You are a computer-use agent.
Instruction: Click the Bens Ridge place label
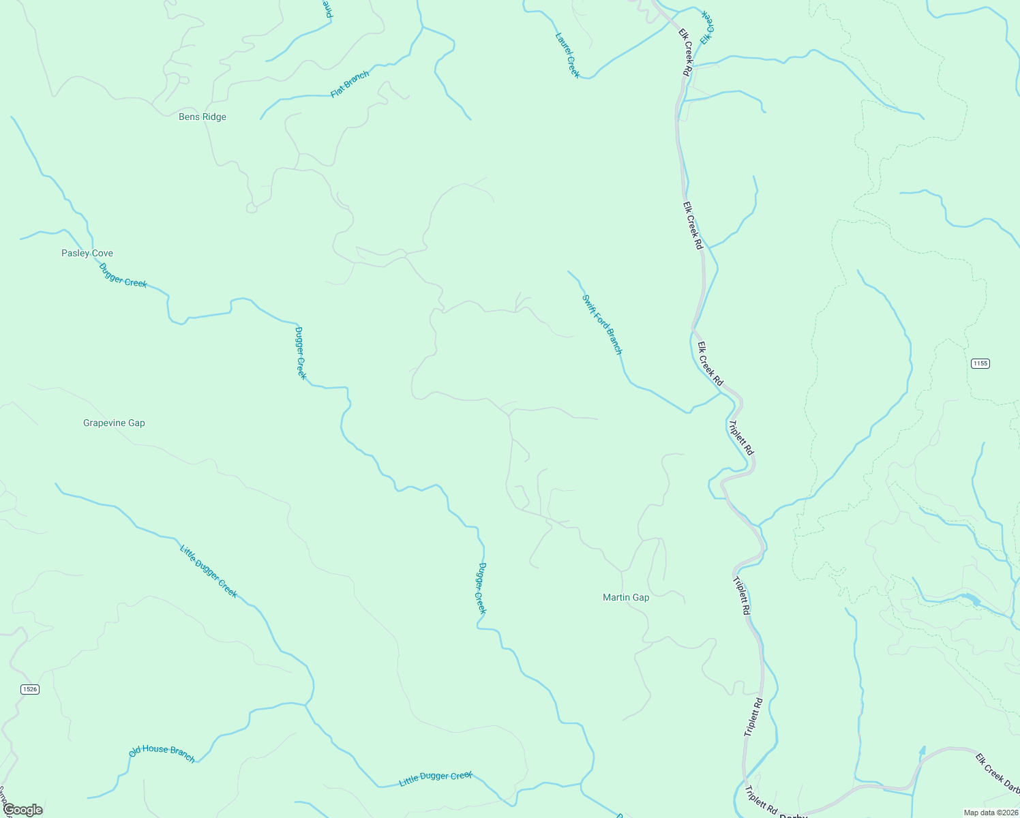tap(202, 117)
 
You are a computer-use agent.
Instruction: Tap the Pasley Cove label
tap(87, 254)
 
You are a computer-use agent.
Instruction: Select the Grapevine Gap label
tap(114, 423)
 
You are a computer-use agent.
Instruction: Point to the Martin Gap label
tap(626, 598)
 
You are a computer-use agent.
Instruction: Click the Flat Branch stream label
tap(350, 84)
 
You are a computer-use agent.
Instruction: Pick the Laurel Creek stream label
tap(567, 55)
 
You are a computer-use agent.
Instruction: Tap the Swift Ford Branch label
tap(602, 324)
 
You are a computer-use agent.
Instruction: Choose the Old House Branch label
tap(162, 753)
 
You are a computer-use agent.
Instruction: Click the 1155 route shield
tap(980, 363)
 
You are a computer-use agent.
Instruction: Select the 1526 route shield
tap(29, 689)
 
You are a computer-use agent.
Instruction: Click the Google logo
tap(22, 810)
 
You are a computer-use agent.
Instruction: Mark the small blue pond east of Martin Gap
tap(970, 600)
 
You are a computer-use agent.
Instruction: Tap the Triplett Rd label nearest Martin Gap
tap(741, 596)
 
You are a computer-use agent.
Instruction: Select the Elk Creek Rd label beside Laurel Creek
tap(686, 52)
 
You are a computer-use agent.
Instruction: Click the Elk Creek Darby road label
tap(997, 771)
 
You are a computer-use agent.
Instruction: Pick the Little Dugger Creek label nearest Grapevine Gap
tap(209, 571)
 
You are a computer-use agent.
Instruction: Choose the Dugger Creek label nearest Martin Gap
tap(481, 588)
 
